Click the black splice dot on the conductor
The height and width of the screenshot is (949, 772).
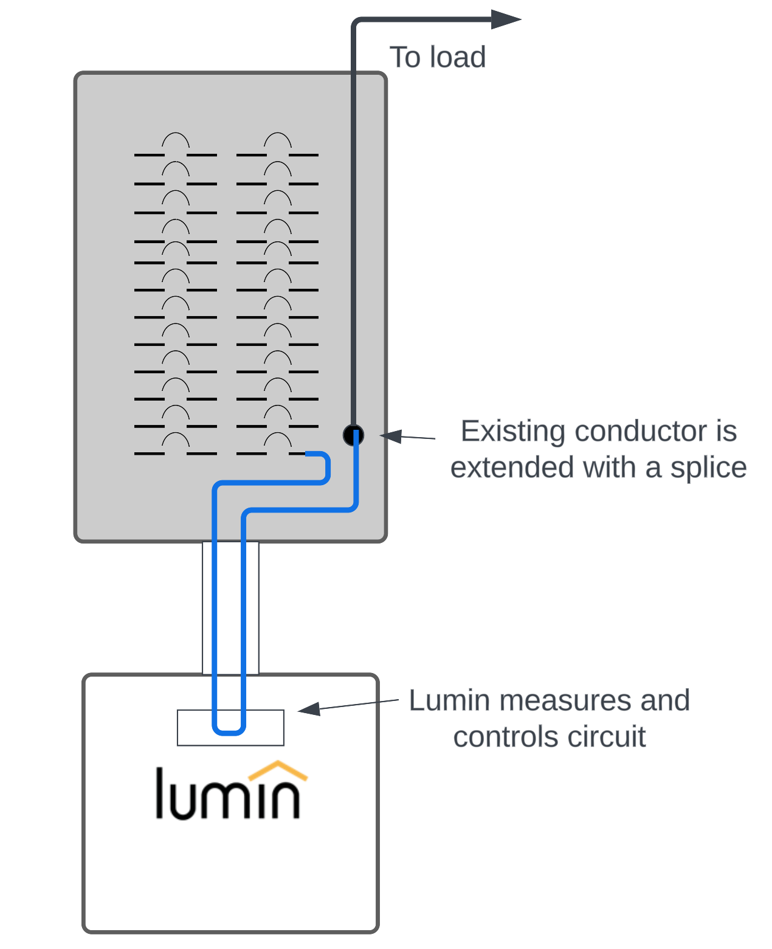click(x=353, y=435)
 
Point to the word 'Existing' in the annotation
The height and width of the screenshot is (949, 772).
click(x=512, y=432)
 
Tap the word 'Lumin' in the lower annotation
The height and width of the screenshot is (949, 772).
click(x=449, y=700)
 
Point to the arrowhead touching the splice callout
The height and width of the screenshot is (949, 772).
click(x=391, y=435)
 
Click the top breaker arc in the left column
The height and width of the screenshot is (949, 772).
click(x=176, y=140)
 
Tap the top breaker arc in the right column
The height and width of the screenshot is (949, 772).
click(x=278, y=140)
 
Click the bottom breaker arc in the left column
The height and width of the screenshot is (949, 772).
click(x=176, y=440)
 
